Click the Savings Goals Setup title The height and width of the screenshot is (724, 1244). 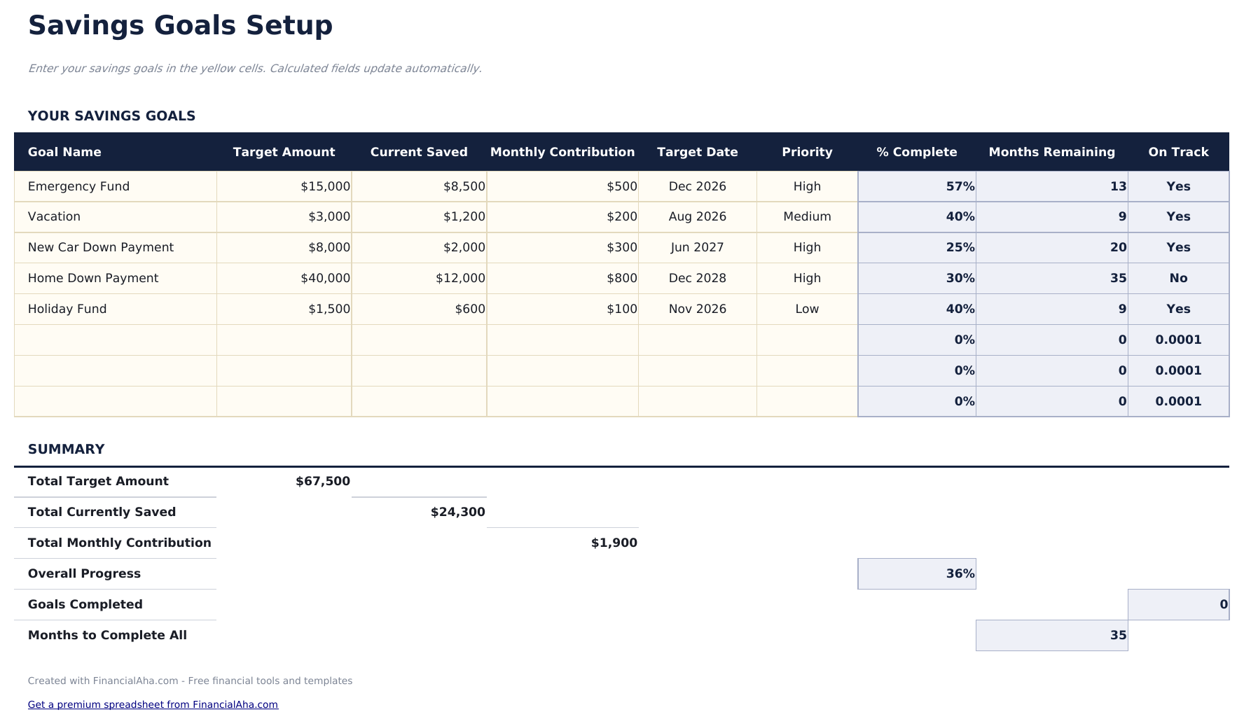pos(180,26)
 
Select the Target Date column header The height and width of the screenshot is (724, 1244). pos(697,152)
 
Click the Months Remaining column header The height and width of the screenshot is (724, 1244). pos(1051,152)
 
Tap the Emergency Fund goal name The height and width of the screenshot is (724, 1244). pos(78,186)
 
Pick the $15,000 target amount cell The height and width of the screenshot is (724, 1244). pos(325,186)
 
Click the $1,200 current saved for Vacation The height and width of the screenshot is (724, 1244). pos(464,217)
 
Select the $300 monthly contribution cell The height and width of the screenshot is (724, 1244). pos(621,248)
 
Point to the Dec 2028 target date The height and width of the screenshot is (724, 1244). pos(697,279)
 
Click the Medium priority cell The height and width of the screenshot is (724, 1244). pos(807,217)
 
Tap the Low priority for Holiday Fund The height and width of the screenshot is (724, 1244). pos(807,309)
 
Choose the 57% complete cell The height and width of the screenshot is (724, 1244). pos(960,186)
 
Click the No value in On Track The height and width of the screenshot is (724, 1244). pos(1178,279)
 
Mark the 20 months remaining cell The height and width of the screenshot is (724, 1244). pos(1118,248)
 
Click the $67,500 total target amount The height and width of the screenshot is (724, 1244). pos(322,482)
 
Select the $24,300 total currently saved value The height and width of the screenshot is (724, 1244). pos(457,513)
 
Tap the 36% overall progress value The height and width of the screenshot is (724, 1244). pos(960,574)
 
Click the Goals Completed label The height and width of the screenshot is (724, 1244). pos(85,605)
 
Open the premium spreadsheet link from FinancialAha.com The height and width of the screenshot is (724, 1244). pos(153,705)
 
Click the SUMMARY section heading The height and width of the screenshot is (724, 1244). pos(66,450)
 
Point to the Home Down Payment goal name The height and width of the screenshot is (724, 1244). pos(93,279)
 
